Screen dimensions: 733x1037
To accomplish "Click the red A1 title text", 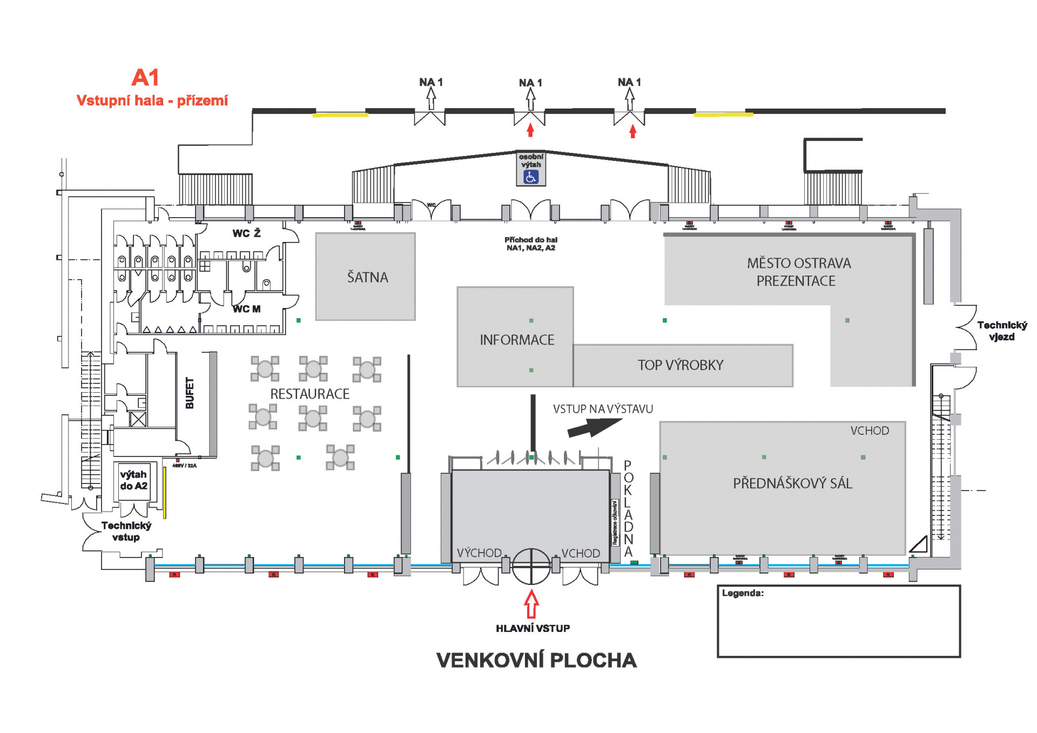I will (x=145, y=78).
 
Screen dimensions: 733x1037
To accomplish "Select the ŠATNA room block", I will (x=366, y=277).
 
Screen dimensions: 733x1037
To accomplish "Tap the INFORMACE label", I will (x=517, y=340).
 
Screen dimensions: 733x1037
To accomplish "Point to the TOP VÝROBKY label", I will (x=680, y=365).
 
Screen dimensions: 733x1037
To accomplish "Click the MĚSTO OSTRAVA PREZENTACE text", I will (x=798, y=272).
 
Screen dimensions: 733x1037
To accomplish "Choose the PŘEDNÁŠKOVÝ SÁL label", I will (x=792, y=483).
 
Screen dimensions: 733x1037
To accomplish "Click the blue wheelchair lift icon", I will (x=531, y=177).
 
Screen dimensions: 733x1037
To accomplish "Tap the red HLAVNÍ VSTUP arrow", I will (x=531, y=604).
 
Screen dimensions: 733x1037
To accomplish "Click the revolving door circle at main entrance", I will (x=531, y=567).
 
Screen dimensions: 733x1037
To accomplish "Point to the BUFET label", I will (x=190, y=393).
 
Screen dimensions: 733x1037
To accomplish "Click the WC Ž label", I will (x=246, y=233).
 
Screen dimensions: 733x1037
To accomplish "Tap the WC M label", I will (x=246, y=309).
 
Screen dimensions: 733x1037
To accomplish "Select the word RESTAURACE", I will (x=309, y=394).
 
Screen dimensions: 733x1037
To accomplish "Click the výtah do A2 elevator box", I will (x=134, y=480).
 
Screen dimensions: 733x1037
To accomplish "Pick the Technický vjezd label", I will (x=1002, y=331).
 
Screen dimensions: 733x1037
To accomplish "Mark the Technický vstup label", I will (x=126, y=531).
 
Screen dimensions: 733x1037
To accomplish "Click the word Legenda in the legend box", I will (x=743, y=593).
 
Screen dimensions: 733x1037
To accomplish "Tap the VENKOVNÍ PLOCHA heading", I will (x=536, y=660).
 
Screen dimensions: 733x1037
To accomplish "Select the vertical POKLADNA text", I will (x=628, y=508).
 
